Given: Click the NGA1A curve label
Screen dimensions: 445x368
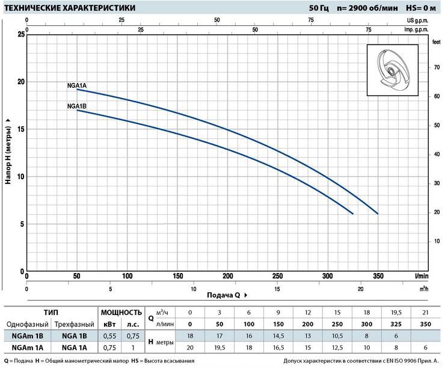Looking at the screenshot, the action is click(76, 85).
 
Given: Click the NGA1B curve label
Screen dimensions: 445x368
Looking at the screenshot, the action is click(76, 106).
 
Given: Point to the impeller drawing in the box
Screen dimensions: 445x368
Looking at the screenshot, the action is click(393, 70).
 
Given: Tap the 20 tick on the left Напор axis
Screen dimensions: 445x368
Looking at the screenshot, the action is click(21, 82).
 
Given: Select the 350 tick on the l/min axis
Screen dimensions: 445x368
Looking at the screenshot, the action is click(378, 276).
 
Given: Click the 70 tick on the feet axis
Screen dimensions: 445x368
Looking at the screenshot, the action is click(437, 67).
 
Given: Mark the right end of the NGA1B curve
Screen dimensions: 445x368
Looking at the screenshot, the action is click(353, 213).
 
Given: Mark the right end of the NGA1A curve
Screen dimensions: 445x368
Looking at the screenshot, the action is click(378, 213).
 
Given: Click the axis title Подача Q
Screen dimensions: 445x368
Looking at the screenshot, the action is click(224, 295).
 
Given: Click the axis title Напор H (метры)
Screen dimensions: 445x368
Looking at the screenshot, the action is click(8, 155).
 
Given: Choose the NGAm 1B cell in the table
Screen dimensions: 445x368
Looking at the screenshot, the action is click(28, 336).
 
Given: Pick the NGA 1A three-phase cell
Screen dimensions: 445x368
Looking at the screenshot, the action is click(75, 348).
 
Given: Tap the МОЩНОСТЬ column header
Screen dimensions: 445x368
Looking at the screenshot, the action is click(121, 313).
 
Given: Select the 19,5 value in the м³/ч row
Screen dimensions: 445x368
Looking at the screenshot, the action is click(396, 313).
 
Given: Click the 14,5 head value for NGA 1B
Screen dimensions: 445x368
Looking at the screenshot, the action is click(278, 336).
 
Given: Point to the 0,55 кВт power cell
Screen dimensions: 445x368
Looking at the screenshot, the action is click(109, 336).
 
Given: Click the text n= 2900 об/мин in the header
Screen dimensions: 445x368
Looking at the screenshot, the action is click(367, 8).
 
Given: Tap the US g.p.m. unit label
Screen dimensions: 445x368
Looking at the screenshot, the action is click(417, 20).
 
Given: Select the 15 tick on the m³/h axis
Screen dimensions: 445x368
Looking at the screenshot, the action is click(277, 289).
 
